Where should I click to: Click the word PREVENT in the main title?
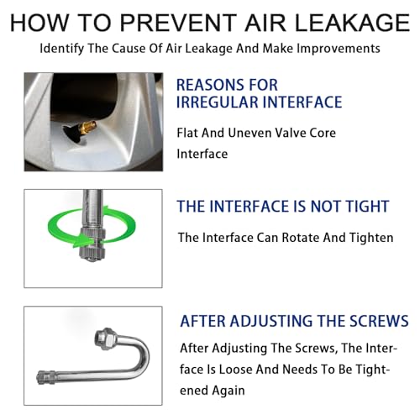pyautogui.click(x=178, y=23)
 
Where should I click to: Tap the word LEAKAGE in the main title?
pyautogui.click(x=352, y=23)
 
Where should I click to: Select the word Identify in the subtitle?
pyautogui.click(x=61, y=49)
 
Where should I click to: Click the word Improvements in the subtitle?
pyautogui.click(x=339, y=48)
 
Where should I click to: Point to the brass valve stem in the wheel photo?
pyautogui.click(x=87, y=126)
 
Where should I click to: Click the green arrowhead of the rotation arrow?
pyautogui.click(x=81, y=241)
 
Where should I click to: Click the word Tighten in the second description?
pyautogui.click(x=371, y=238)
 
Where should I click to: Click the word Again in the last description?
pyautogui.click(x=228, y=391)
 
